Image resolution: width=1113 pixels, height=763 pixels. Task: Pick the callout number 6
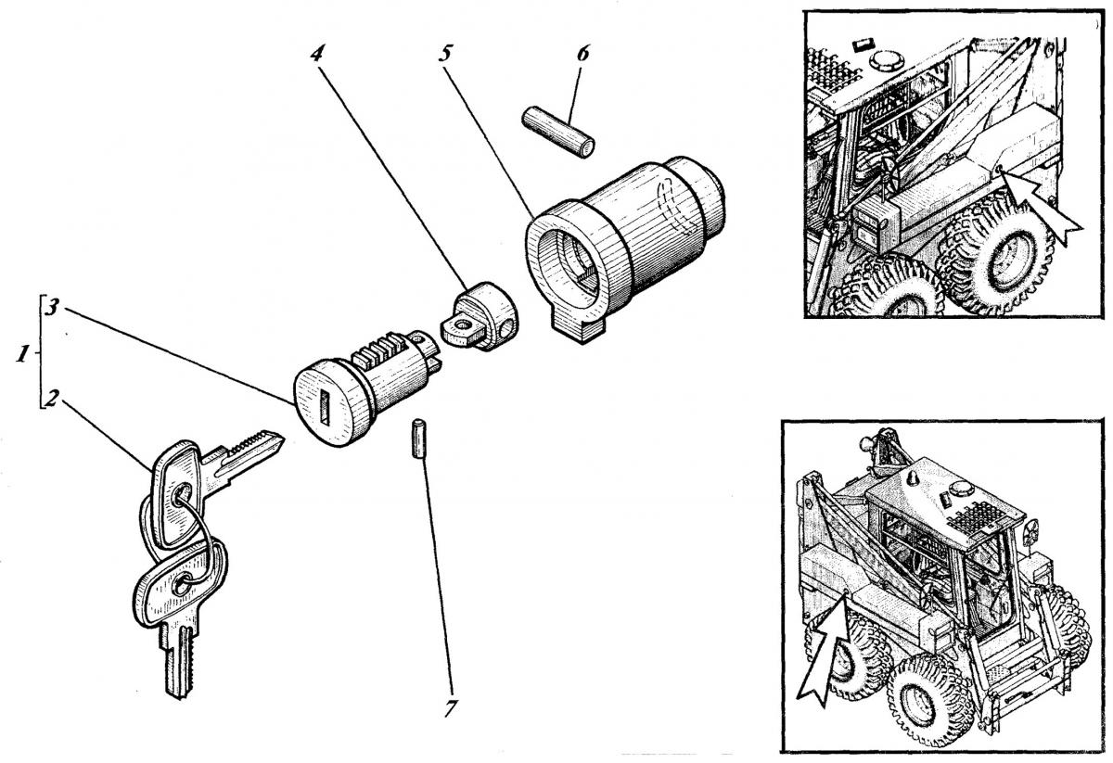coord(582,52)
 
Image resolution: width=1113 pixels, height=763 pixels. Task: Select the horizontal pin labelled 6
coord(558,133)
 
